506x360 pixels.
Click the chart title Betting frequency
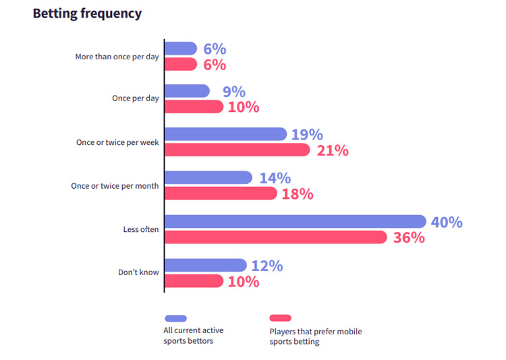[x=87, y=13]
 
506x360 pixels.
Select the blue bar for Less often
[x=295, y=221]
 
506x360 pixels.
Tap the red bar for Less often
[x=275, y=237]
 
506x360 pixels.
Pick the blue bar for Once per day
[x=187, y=91]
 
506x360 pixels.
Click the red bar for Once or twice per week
[x=237, y=150]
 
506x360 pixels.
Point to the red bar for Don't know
[x=194, y=281]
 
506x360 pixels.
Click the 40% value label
[x=447, y=222]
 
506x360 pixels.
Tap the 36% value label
[x=410, y=238]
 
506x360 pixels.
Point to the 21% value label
[x=333, y=150]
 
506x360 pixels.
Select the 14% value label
[x=275, y=178]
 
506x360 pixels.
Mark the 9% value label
[x=234, y=92]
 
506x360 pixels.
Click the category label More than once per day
[x=117, y=57]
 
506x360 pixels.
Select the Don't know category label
[x=138, y=272]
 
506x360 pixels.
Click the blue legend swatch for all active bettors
[x=175, y=318]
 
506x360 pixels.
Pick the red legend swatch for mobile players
[x=280, y=318]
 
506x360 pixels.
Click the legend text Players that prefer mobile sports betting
[x=315, y=336]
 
